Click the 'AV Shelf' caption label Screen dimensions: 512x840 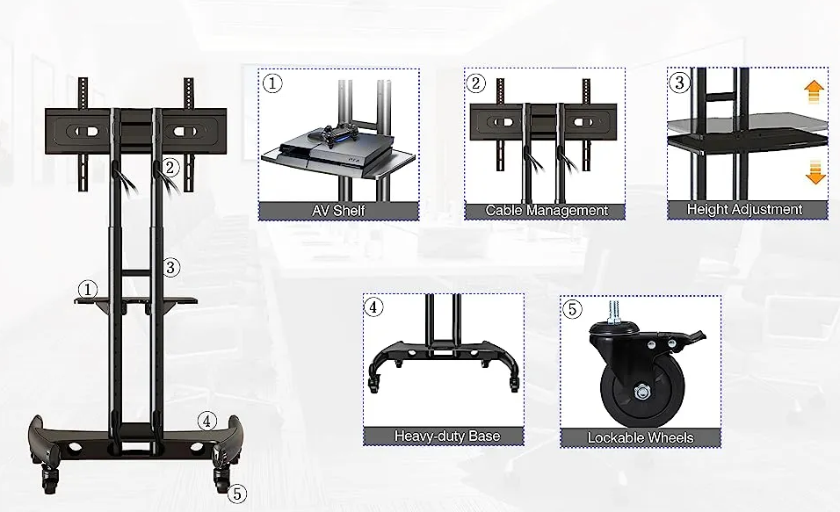click(x=338, y=211)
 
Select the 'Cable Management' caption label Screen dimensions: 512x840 click(x=547, y=211)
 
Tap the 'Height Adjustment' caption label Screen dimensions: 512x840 click(x=744, y=210)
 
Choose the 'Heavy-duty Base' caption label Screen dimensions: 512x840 click(x=446, y=436)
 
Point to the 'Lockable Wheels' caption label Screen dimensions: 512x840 click(x=640, y=437)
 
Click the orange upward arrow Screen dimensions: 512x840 click(x=815, y=90)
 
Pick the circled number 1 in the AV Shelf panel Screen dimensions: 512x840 click(x=272, y=84)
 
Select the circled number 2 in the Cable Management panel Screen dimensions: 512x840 click(x=476, y=84)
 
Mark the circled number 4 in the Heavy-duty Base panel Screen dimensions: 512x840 click(x=374, y=307)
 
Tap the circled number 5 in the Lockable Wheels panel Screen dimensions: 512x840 click(x=572, y=309)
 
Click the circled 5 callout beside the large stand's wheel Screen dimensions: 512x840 click(x=235, y=494)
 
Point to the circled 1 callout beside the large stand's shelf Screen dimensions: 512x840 click(x=87, y=289)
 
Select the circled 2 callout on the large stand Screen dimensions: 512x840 click(x=170, y=166)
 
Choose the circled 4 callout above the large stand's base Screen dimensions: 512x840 click(x=206, y=421)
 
